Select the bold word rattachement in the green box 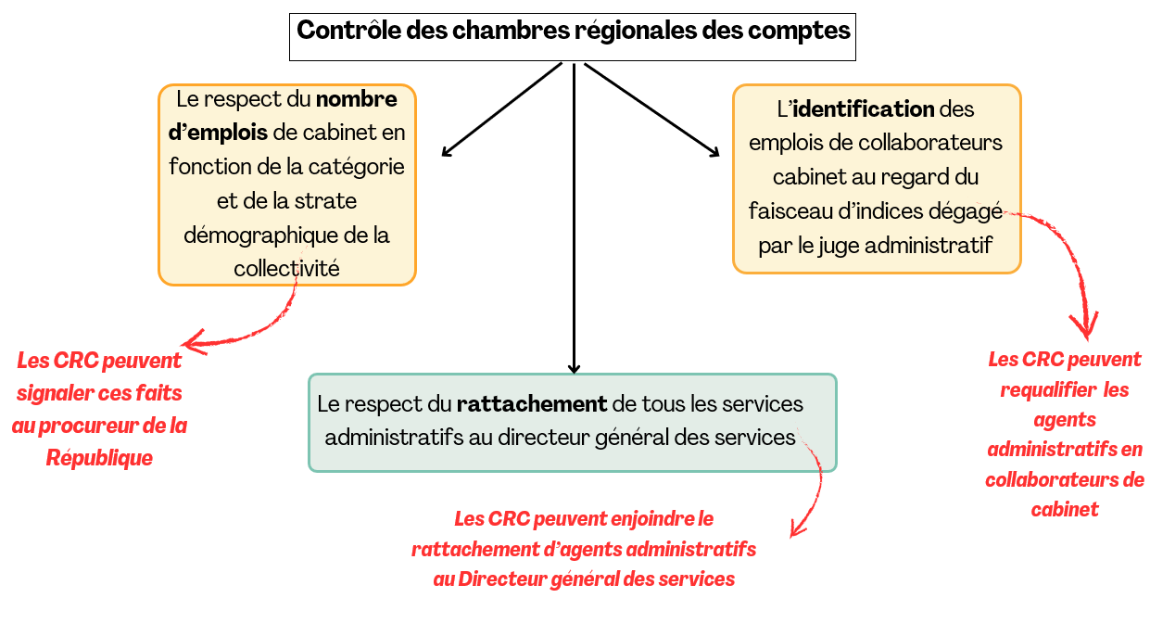point(532,404)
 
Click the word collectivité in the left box point(286,269)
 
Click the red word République point(99,458)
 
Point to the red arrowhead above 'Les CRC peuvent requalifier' point(1084,326)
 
